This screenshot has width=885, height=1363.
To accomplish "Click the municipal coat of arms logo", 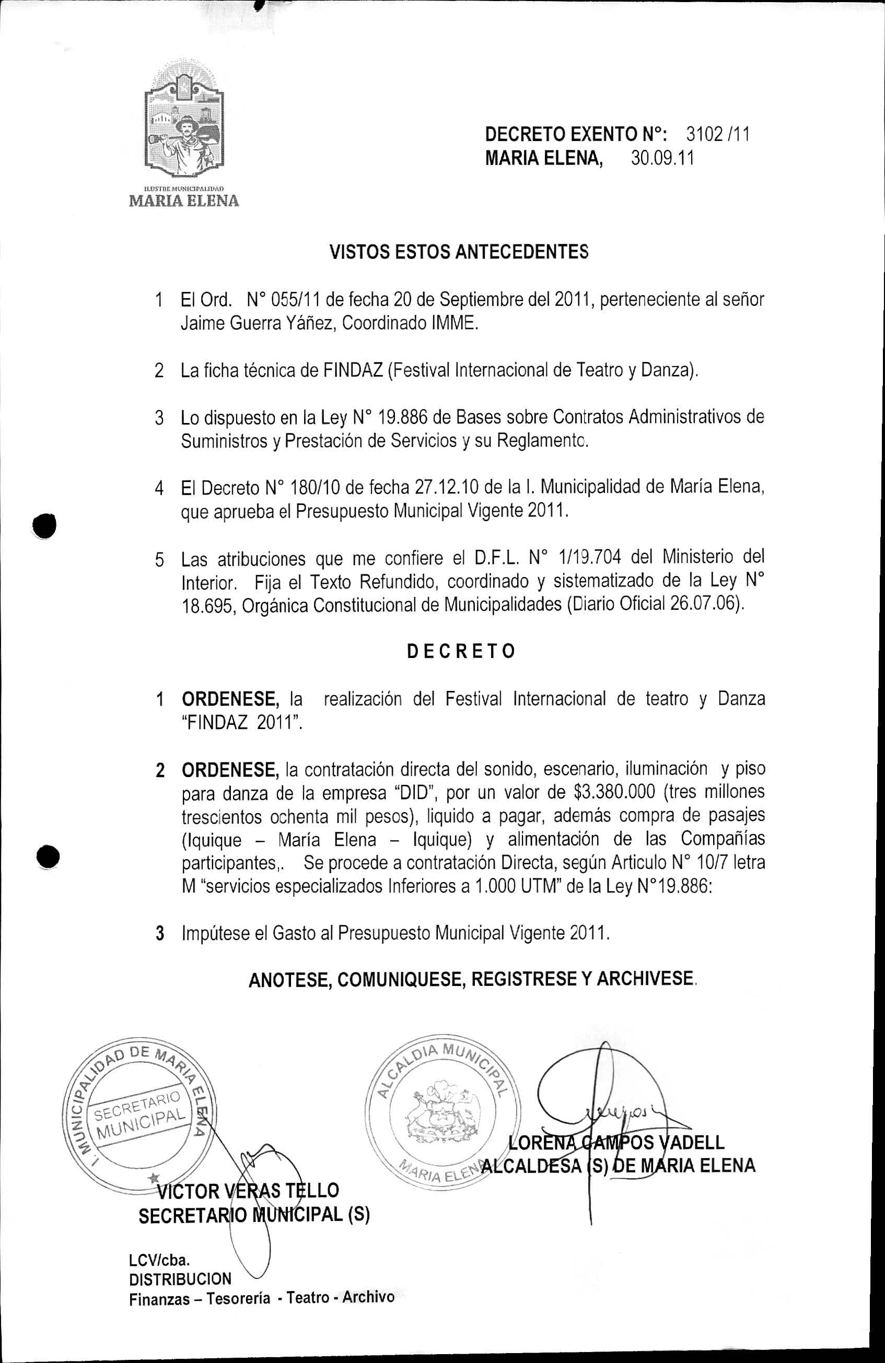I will pos(183,123).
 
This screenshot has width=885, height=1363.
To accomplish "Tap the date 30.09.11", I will pos(662,158).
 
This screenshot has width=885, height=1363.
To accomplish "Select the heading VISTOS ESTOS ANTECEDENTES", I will pos(458,252).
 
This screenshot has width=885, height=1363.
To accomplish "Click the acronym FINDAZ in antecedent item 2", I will pos(352,371).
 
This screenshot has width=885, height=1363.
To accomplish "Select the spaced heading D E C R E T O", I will pos(461,651).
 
